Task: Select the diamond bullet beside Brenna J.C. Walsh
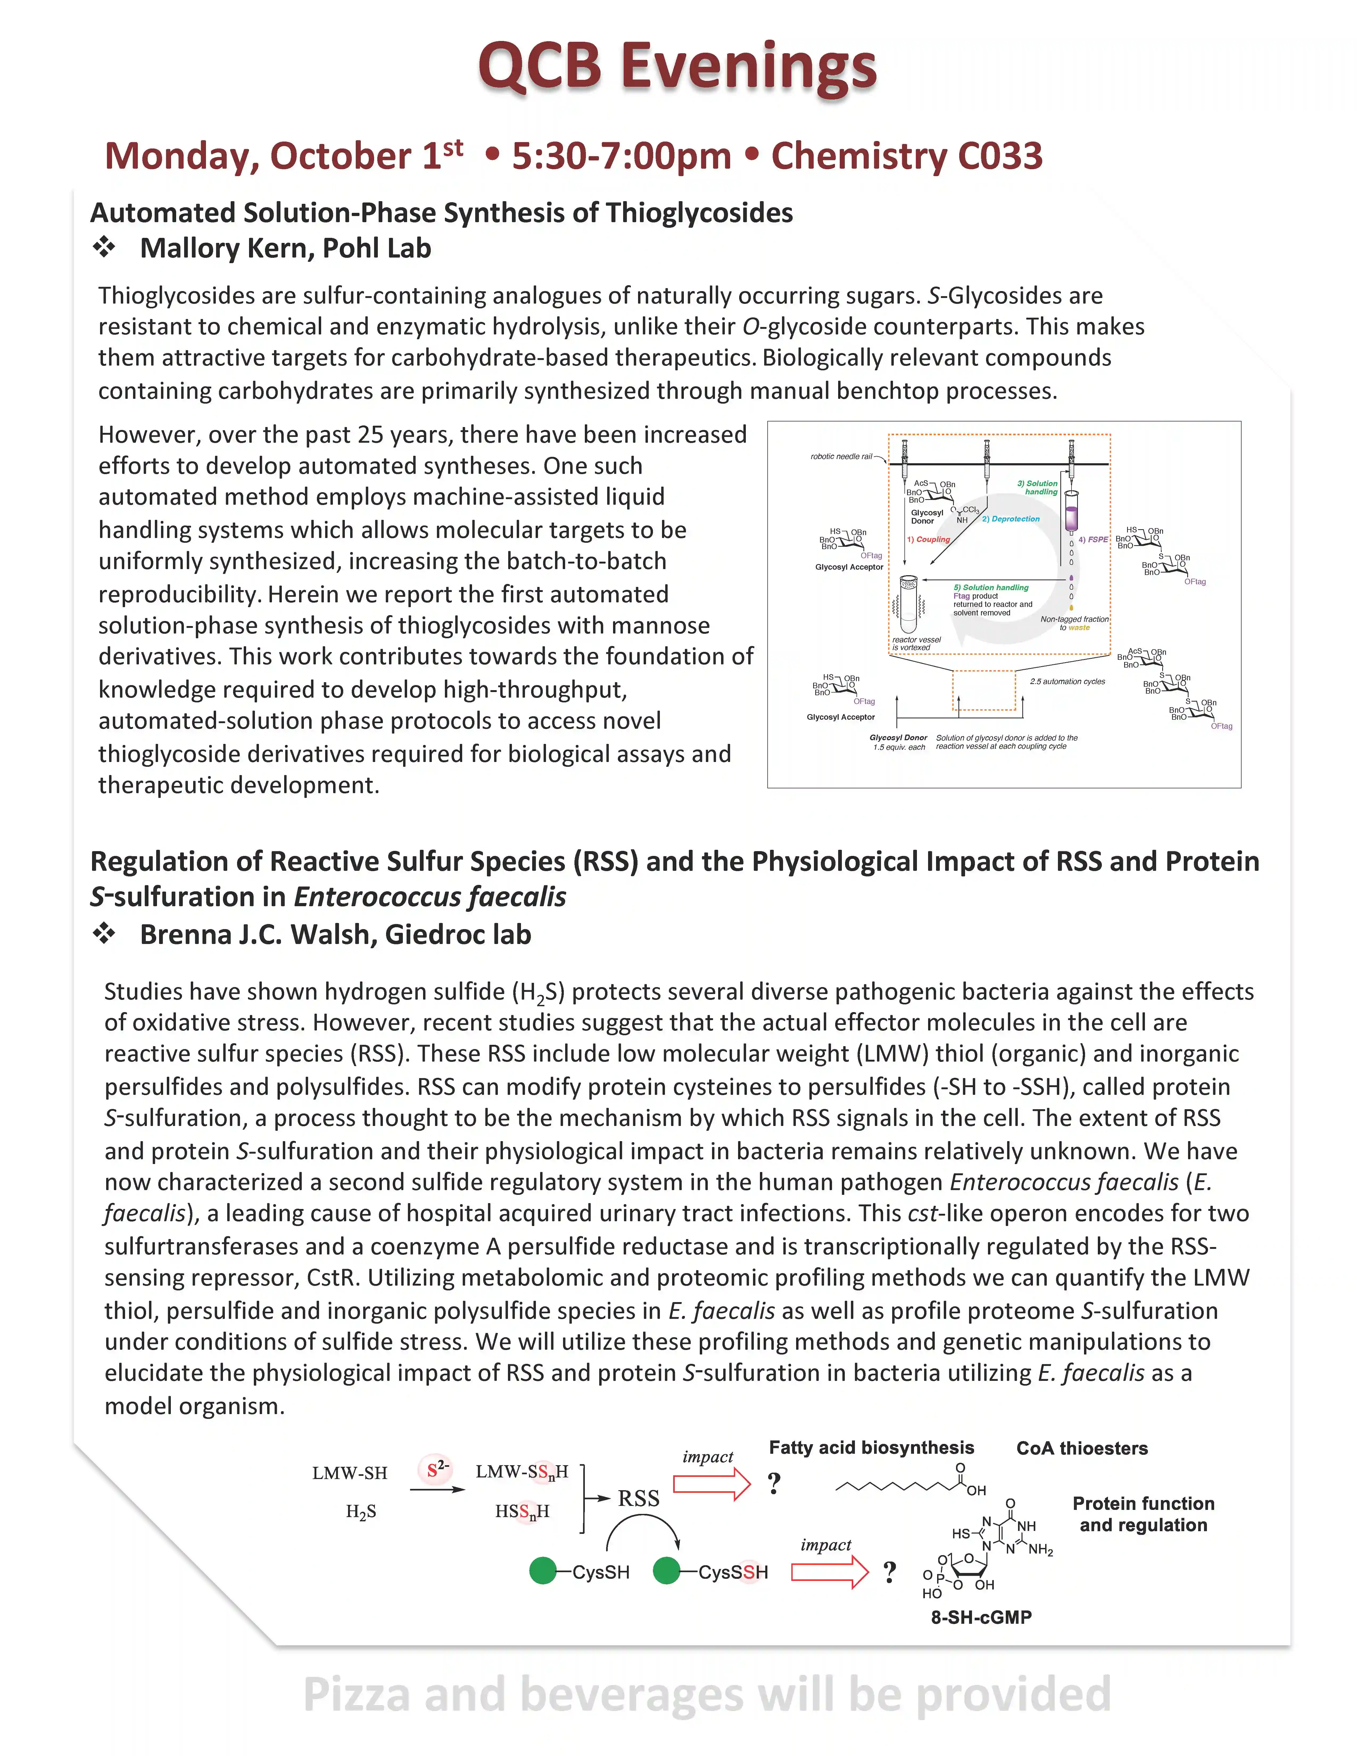coord(104,934)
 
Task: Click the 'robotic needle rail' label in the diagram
coord(841,457)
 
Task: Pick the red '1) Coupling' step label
coord(929,540)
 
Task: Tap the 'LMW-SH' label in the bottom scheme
coord(350,1473)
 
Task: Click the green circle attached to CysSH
coord(543,1570)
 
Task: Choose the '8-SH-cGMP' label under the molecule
coord(981,1617)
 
